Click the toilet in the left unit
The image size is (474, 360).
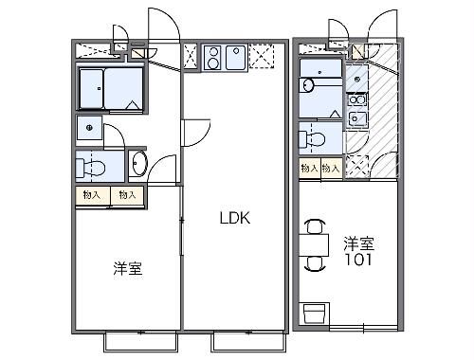pyautogui.click(x=94, y=167)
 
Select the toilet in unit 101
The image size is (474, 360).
pyautogui.click(x=315, y=138)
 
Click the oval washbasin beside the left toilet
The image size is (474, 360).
pyautogui.click(x=137, y=164)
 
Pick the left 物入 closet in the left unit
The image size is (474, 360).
pyautogui.click(x=92, y=195)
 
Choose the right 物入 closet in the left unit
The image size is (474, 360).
pyautogui.click(x=126, y=195)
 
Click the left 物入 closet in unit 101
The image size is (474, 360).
pyautogui.click(x=309, y=168)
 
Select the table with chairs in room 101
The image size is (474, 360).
pyautogui.click(x=316, y=244)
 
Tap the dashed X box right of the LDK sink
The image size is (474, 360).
pyautogui.click(x=261, y=59)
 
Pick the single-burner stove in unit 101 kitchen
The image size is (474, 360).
pyautogui.click(x=358, y=98)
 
